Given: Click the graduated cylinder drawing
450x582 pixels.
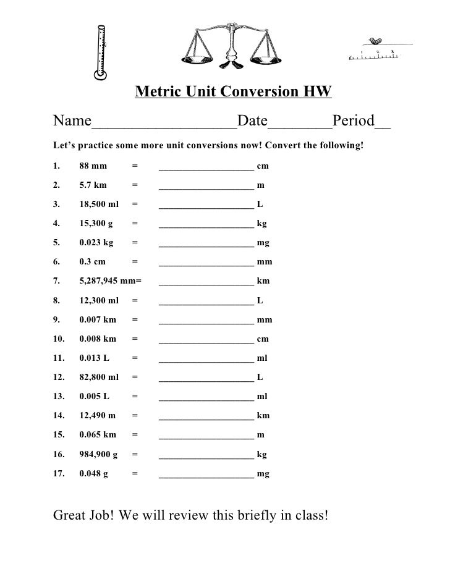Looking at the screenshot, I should [101, 53].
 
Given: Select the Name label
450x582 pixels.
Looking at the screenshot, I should [72, 120].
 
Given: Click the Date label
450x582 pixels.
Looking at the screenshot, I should [252, 120].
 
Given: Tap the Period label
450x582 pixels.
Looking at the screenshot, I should [354, 120].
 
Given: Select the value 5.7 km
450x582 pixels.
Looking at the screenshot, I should [93, 185].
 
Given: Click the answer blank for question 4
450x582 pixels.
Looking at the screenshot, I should [206, 224].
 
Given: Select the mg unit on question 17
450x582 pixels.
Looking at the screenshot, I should [263, 474].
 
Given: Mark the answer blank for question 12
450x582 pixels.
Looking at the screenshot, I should [206, 377].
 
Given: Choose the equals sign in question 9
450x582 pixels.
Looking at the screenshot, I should [135, 320].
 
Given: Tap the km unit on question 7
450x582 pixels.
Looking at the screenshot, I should [263, 281].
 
